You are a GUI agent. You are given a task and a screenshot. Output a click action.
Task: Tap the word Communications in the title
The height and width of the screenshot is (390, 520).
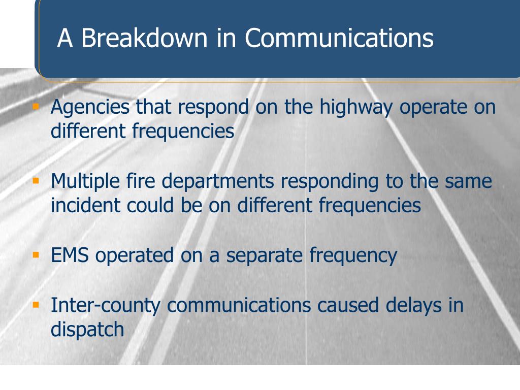click(339, 39)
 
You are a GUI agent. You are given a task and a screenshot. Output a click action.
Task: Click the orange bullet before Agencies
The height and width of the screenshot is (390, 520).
click(36, 107)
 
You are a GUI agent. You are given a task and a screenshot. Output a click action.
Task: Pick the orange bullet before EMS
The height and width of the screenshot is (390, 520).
click(36, 253)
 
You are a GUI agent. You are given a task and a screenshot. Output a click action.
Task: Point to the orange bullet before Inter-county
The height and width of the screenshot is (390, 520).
click(36, 305)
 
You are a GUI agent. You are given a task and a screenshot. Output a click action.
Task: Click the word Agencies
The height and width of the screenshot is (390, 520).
click(90, 109)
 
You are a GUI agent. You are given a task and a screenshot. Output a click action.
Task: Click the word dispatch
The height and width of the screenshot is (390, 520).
click(87, 330)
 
